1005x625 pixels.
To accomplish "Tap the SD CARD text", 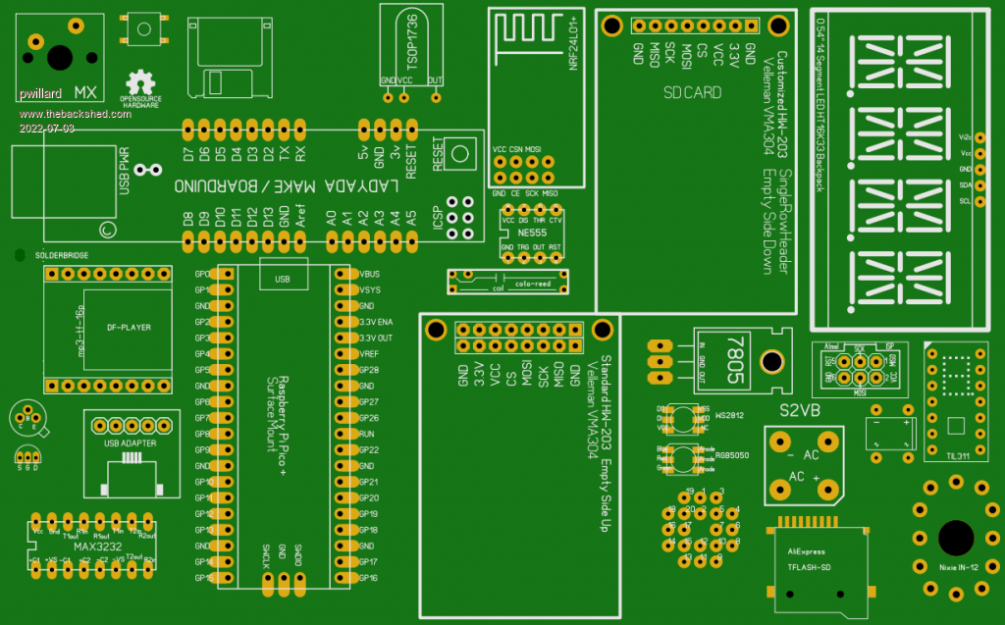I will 692,93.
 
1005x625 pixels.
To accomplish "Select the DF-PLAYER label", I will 122,327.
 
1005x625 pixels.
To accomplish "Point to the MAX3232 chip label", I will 84,546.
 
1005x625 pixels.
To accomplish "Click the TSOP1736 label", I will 413,40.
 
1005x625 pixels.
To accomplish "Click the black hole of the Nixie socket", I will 955,537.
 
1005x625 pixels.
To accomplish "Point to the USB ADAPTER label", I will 131,443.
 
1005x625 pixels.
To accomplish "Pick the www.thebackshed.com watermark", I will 74,114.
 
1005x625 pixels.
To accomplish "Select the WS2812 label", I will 729,416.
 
